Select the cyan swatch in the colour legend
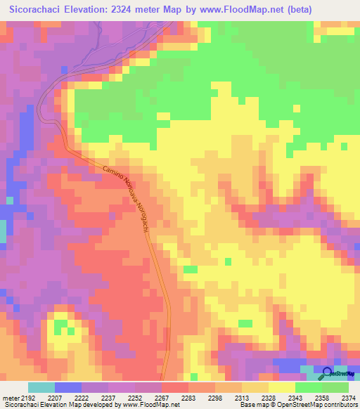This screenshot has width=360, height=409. [x=41, y=387]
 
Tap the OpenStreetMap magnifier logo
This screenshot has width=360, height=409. [x=327, y=373]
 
